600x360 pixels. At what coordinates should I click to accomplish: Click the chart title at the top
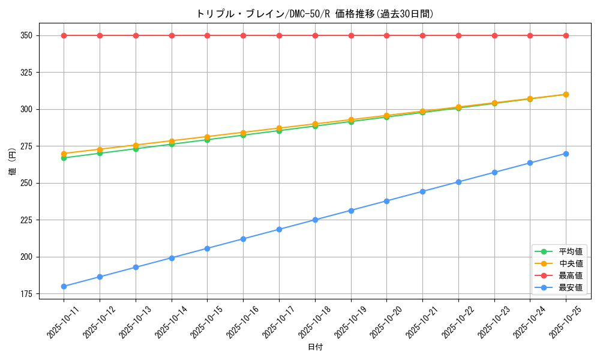(314, 14)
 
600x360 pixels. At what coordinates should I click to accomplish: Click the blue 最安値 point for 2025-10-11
(64, 286)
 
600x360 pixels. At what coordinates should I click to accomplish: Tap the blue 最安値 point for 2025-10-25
(566, 154)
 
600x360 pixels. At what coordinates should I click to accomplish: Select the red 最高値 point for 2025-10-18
(315, 35)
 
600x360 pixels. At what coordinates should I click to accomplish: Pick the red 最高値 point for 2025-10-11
(64, 35)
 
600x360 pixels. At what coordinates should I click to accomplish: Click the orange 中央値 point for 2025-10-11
(64, 154)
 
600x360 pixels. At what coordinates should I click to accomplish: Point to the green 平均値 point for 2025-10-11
(64, 158)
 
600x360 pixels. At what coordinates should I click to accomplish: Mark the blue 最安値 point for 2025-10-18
(315, 220)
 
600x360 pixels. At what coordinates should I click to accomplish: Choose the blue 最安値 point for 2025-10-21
(422, 191)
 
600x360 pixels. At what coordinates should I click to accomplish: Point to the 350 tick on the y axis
(26, 35)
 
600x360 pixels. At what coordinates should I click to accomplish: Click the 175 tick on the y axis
(26, 294)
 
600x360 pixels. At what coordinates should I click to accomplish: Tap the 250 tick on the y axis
(26, 183)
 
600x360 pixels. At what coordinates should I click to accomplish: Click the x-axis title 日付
(315, 347)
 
